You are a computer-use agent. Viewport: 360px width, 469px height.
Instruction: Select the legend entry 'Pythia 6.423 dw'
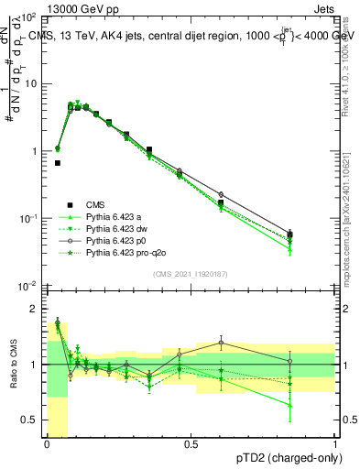(x=113, y=229)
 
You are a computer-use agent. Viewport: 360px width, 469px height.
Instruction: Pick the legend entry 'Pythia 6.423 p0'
(x=113, y=241)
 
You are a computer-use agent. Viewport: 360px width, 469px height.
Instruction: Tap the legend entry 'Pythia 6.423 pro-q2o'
(x=123, y=253)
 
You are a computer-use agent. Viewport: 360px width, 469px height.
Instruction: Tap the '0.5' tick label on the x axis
(x=191, y=444)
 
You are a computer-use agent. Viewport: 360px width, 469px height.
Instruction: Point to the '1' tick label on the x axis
(x=335, y=444)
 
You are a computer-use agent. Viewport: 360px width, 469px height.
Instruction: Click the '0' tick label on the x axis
(x=47, y=444)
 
